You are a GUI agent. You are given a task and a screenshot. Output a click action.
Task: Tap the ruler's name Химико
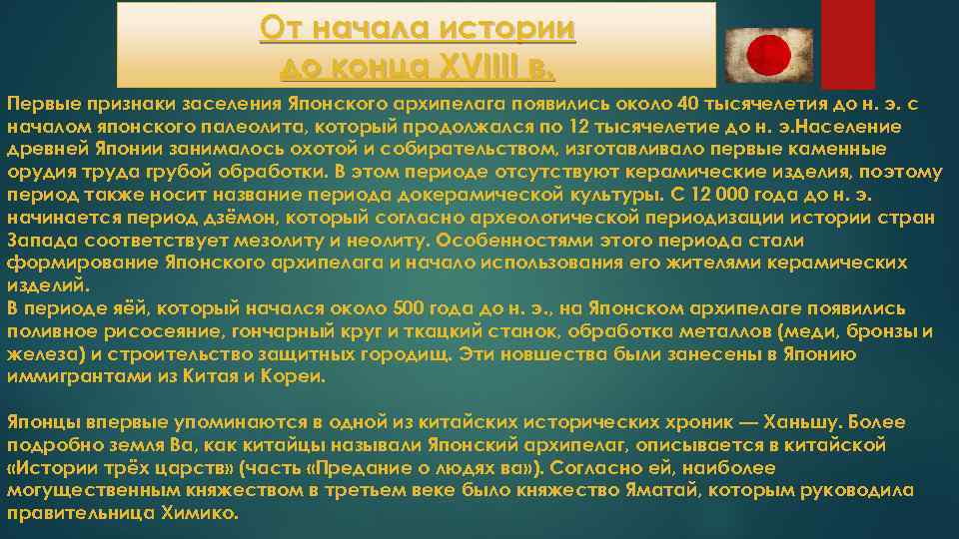[x=199, y=513]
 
